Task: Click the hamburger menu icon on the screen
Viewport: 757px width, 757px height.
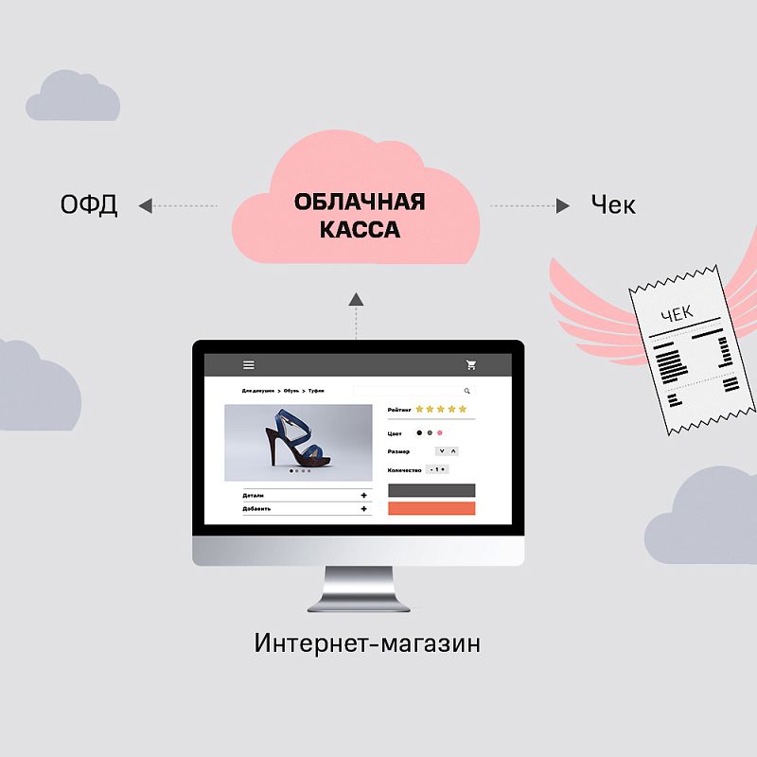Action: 249,365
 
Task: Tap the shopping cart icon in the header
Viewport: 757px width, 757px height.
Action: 471,365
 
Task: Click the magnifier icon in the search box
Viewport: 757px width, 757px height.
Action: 467,391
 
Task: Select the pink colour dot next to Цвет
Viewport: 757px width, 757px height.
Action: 440,432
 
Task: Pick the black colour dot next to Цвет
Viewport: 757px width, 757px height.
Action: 419,432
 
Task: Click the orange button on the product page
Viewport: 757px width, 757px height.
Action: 431,508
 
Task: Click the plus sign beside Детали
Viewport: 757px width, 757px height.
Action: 364,495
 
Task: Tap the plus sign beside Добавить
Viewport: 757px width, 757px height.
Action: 364,509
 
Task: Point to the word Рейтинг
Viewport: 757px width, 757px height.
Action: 398,410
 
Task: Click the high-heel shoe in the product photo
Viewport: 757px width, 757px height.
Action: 296,441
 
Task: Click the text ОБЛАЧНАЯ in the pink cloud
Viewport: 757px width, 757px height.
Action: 360,202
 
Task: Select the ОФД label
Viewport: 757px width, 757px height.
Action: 89,205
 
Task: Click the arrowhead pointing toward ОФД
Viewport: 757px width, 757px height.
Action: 145,205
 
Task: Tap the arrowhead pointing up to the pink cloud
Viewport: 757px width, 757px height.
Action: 356,299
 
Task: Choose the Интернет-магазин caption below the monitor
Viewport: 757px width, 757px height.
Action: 367,644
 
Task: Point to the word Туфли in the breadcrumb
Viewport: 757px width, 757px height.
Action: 316,391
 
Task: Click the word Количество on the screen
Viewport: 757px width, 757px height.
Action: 404,469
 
